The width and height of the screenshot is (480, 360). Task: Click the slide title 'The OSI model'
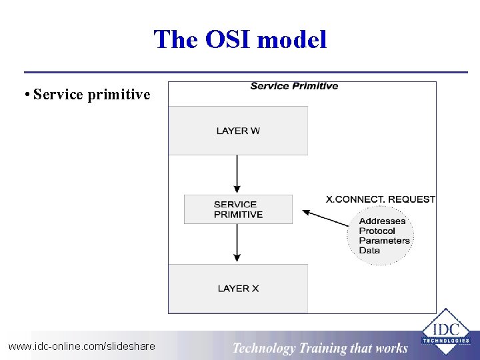tap(240, 39)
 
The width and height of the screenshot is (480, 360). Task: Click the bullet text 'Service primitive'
tap(91, 95)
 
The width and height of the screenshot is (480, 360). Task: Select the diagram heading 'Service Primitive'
tap(294, 86)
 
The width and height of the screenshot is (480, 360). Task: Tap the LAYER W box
tap(238, 131)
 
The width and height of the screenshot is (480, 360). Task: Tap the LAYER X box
tap(238, 289)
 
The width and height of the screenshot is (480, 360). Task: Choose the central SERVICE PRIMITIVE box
tap(238, 209)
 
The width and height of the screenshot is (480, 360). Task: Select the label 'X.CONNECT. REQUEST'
tap(380, 199)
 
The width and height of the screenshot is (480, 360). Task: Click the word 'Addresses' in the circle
tap(382, 221)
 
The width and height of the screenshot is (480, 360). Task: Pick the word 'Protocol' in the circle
tap(377, 231)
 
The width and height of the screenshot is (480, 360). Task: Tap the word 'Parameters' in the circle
tap(384, 241)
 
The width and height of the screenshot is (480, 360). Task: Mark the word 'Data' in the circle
tap(369, 251)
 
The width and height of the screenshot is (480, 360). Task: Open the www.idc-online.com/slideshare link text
tap(81, 346)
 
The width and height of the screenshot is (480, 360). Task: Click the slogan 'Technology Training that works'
tap(320, 347)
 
